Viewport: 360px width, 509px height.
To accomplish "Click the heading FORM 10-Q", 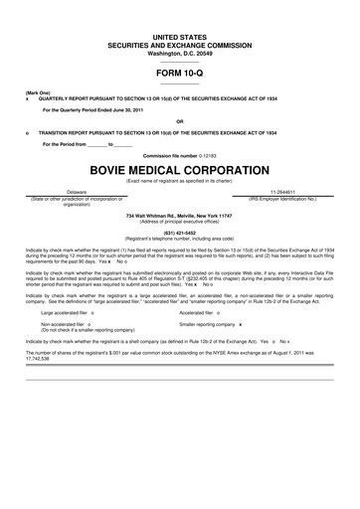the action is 180,74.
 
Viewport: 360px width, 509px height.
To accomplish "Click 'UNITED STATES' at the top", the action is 180,35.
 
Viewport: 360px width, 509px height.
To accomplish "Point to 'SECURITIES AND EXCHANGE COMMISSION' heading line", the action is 180,43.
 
